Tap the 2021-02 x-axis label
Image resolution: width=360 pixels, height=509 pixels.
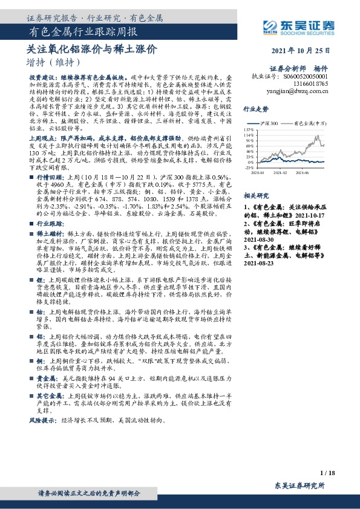coord(283,172)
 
